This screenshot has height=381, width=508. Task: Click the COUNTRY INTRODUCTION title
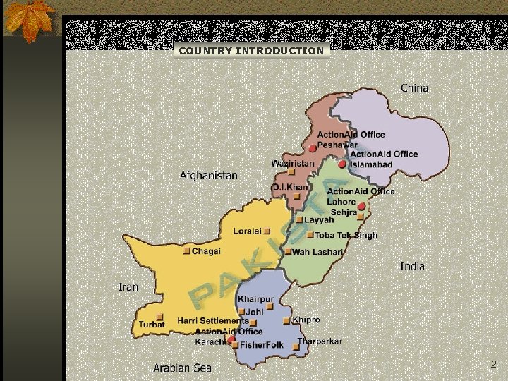coord(251,51)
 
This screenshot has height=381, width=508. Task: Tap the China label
coord(414,88)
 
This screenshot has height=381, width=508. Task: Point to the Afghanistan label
coord(209,175)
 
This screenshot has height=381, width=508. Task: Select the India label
coord(412,266)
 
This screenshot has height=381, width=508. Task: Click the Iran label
coord(128,287)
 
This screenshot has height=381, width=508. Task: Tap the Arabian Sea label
coord(182,368)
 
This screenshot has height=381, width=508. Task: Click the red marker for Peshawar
coord(313,149)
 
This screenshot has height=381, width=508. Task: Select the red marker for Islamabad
coord(342,164)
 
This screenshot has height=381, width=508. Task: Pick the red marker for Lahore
coord(361,207)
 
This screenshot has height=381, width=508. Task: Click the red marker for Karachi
coord(231,339)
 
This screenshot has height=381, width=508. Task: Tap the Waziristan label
coord(293,164)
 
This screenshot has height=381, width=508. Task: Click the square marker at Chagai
coord(187,251)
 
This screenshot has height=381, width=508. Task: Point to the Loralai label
coord(247,231)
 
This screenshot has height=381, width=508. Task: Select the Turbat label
coord(152,325)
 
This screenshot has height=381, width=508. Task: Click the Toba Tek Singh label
coord(346,236)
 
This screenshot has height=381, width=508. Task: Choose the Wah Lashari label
coord(317,252)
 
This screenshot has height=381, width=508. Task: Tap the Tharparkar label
coord(320,341)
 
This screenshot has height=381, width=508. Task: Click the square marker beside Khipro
coord(286,321)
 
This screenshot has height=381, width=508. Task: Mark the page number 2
coord(493,365)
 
